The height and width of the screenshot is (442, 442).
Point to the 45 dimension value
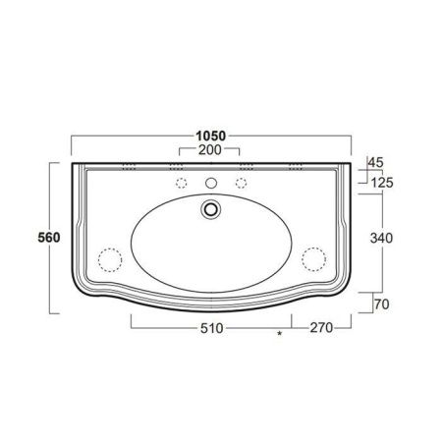374,162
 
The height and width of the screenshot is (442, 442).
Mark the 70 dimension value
380,304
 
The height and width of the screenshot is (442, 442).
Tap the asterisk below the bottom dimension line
281,336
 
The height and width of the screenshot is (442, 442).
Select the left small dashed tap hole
180,184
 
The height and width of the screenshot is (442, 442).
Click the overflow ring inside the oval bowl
210,208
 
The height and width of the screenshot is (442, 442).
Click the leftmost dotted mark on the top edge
128,165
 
